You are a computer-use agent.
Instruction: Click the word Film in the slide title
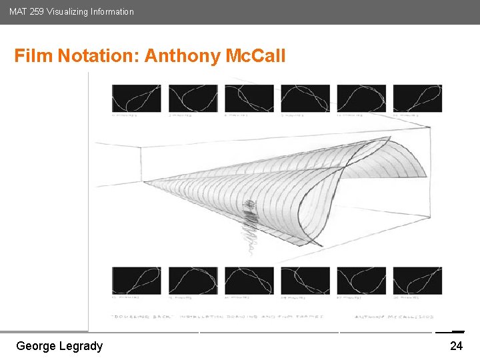click(34, 55)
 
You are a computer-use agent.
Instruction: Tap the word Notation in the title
click(99, 55)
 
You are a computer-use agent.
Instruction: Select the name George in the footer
click(37, 346)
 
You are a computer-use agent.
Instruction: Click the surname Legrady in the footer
click(82, 346)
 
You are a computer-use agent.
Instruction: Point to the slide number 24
click(456, 346)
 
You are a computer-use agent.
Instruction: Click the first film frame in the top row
click(136, 98)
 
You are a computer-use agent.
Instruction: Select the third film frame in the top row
click(249, 98)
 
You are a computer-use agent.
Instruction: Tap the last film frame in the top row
click(417, 98)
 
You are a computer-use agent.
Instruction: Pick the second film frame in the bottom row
click(193, 281)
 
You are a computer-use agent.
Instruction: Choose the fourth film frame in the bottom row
click(305, 281)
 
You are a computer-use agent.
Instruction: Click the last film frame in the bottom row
click(417, 281)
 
